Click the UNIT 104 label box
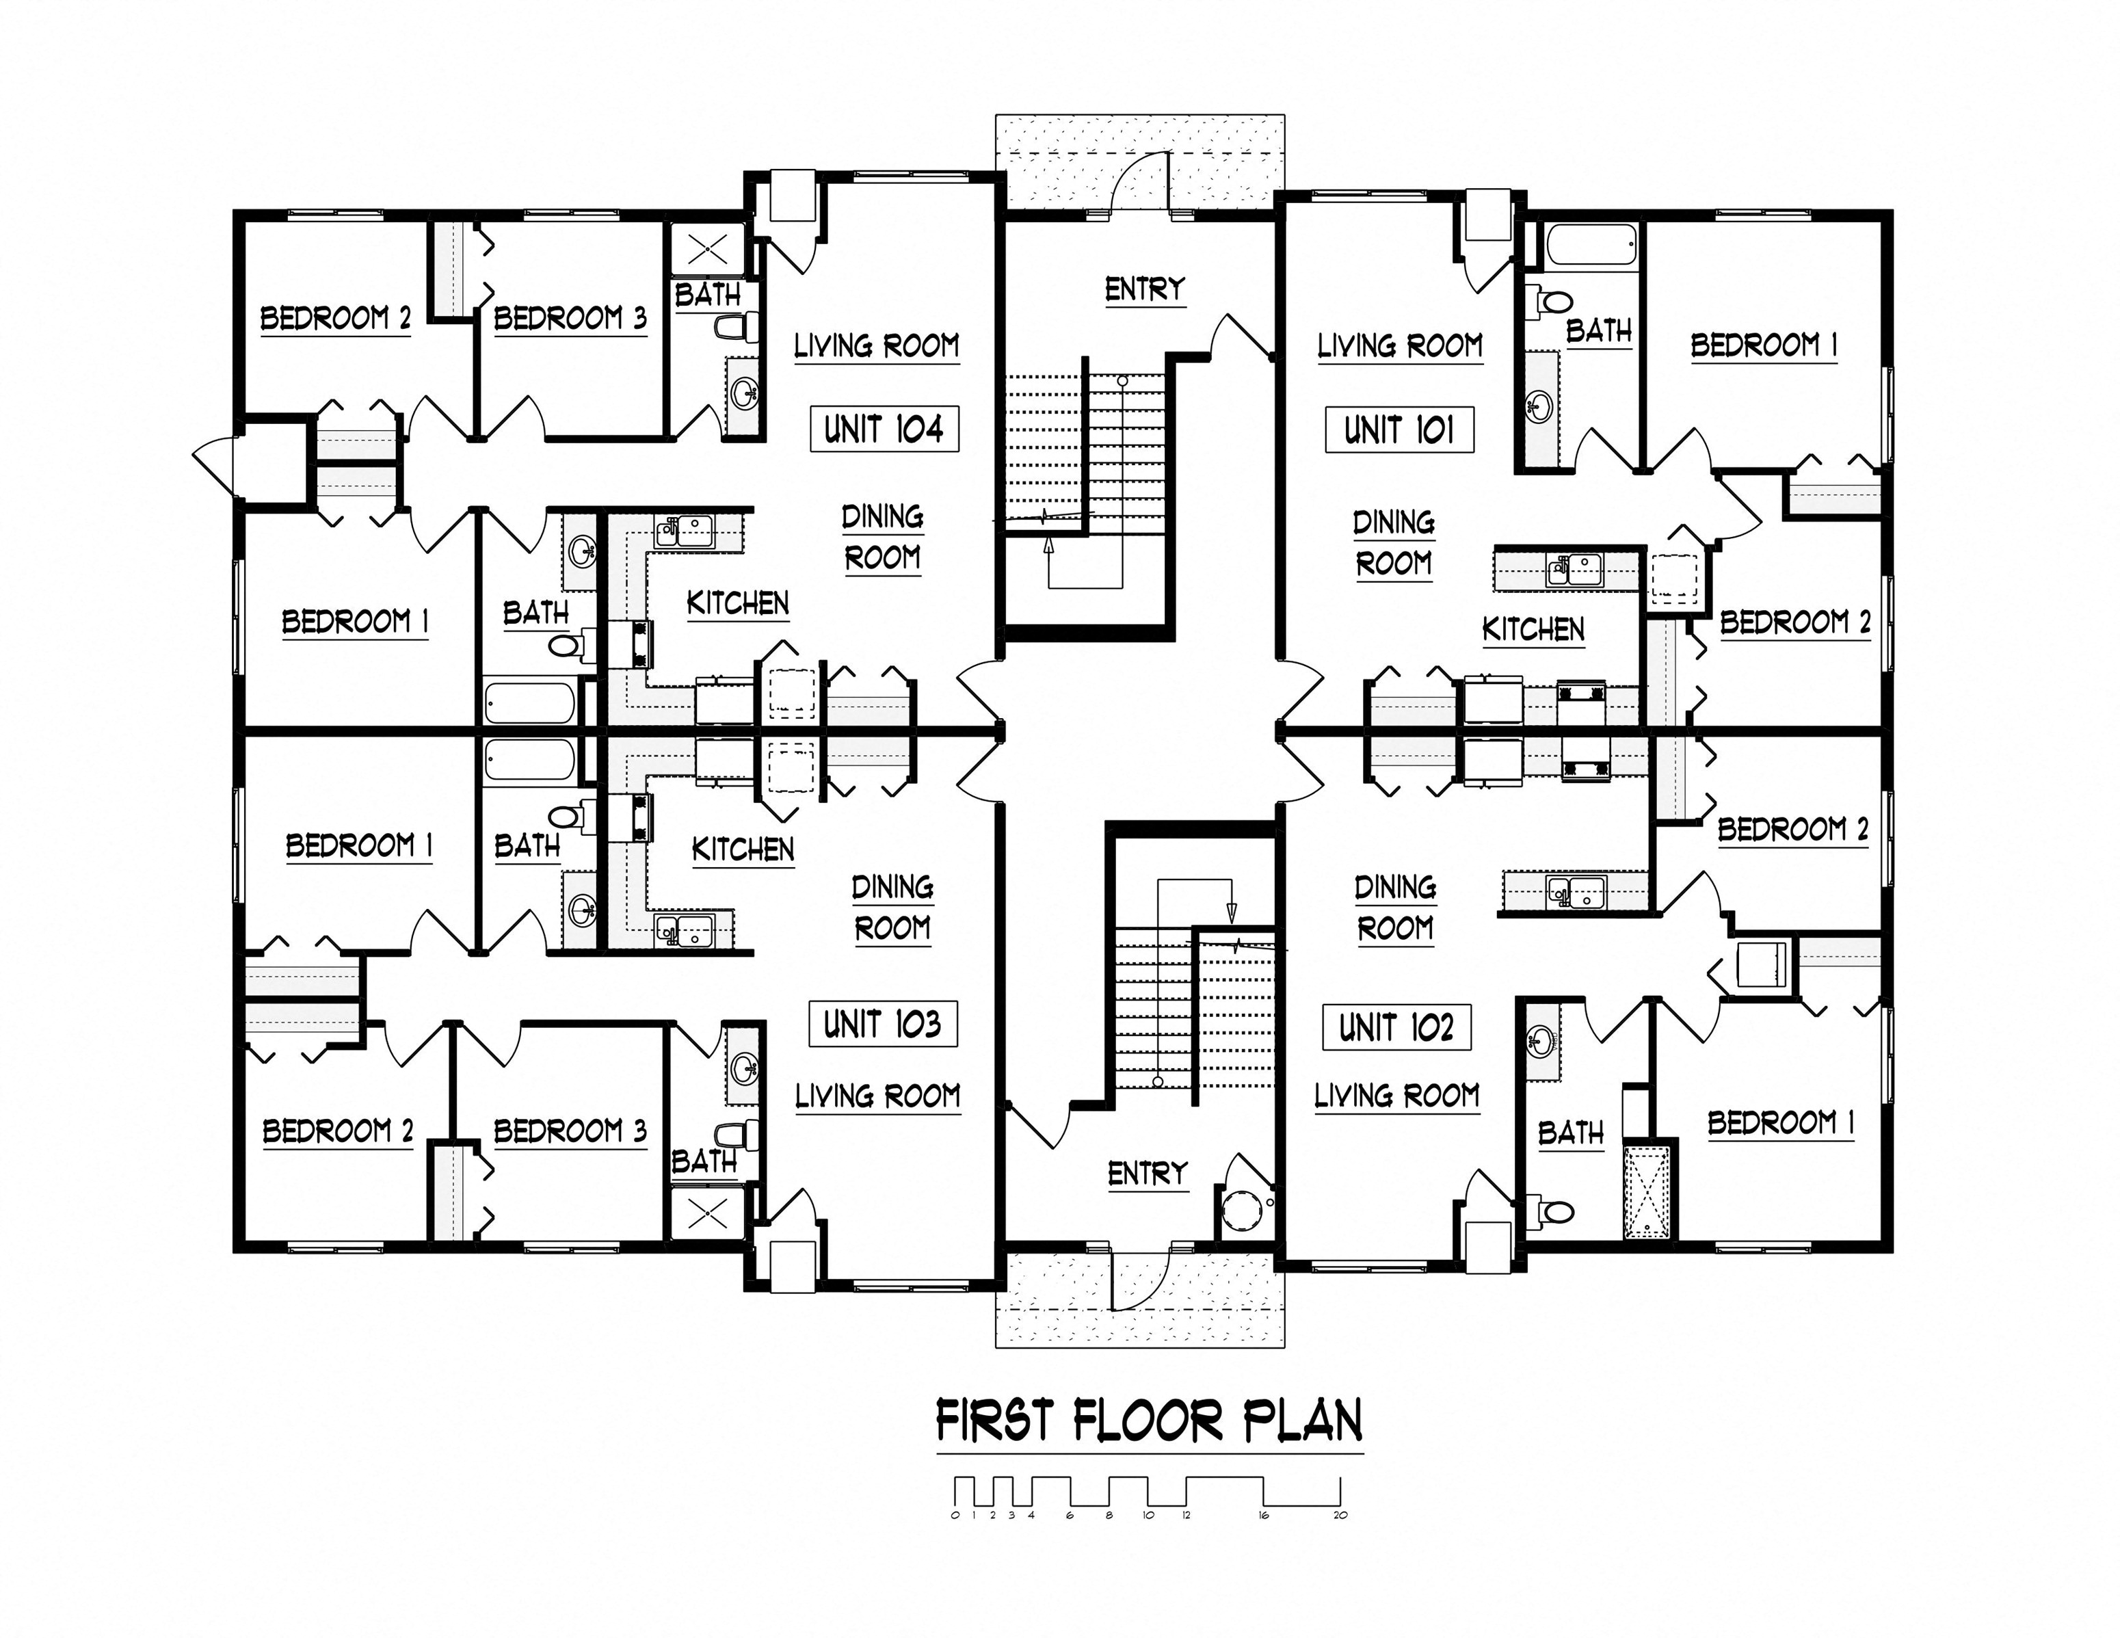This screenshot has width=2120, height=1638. click(x=884, y=428)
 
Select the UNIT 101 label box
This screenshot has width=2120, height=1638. click(x=1400, y=429)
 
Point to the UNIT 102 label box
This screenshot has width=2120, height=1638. click(x=1397, y=1027)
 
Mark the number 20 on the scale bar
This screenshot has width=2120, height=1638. click(x=1340, y=1515)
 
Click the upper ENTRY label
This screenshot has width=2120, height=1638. click(x=1145, y=289)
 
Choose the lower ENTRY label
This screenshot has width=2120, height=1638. click(x=1148, y=1174)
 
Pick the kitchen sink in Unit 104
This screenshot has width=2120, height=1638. click(x=685, y=531)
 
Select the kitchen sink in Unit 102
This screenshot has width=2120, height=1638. click(x=1576, y=890)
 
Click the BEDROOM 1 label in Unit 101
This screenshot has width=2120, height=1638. click(x=1764, y=345)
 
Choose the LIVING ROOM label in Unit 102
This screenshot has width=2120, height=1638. click(x=1397, y=1096)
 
